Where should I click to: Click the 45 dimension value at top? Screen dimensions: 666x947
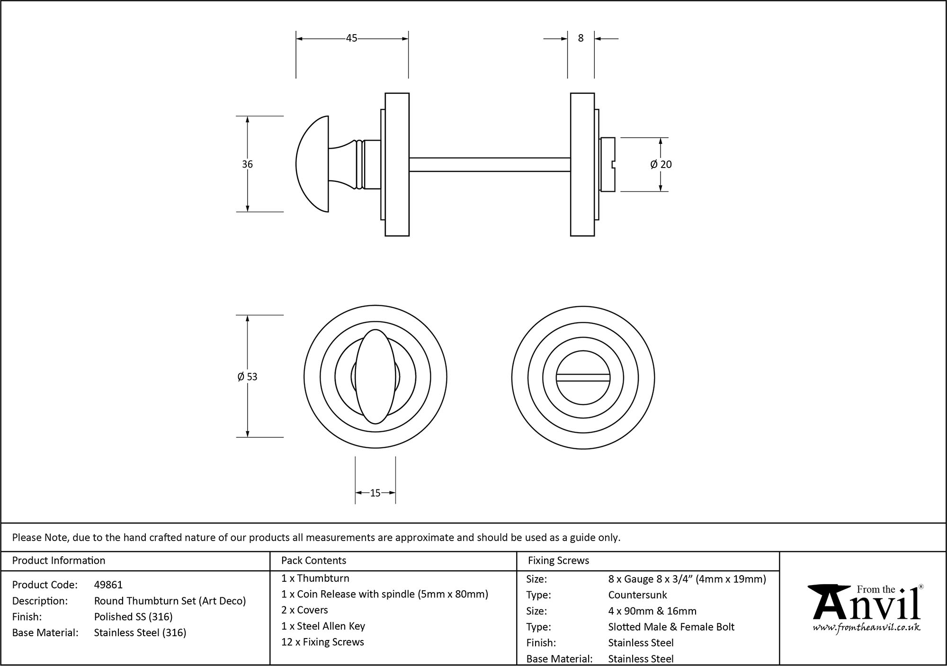point(351,38)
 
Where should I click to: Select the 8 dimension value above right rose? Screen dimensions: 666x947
point(581,38)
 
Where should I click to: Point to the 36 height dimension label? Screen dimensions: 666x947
point(247,164)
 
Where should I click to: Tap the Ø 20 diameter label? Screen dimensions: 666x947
point(661,164)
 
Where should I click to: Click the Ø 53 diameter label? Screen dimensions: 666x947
point(247,377)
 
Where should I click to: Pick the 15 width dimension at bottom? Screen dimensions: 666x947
point(375,493)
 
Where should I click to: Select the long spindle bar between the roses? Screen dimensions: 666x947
point(489,164)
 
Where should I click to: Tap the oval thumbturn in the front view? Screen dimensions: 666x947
point(375,376)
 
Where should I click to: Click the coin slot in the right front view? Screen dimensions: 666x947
point(583,377)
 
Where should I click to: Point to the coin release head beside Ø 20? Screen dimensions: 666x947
point(608,164)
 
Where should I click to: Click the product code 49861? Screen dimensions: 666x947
point(108,585)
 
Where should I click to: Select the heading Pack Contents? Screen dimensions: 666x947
point(313,560)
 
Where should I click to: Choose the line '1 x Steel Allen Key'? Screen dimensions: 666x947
point(323,626)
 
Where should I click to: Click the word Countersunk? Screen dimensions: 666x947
point(637,595)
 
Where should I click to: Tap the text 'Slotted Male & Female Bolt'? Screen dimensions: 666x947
point(671,627)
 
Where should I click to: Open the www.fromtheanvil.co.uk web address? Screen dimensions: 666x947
point(867,628)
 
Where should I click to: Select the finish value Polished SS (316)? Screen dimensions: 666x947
point(134,617)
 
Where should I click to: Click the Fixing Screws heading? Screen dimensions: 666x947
point(558,560)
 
